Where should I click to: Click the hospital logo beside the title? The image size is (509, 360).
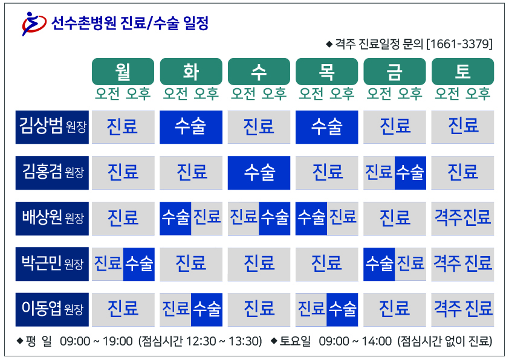[x=34, y=24]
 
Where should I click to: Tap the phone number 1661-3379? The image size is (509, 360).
[x=459, y=43]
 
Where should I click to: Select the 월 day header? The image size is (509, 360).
[x=123, y=71]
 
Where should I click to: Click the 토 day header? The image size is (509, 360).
[x=462, y=71]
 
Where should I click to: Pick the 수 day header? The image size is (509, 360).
[x=259, y=71]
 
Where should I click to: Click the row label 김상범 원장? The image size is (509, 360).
[x=52, y=127]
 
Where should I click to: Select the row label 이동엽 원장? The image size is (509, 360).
[x=52, y=309]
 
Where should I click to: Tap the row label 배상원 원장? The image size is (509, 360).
[x=52, y=218]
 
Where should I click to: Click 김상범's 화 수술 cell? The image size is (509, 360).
[x=191, y=127]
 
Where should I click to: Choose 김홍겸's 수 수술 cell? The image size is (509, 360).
[x=259, y=173]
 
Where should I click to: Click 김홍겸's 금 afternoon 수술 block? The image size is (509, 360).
[x=410, y=173]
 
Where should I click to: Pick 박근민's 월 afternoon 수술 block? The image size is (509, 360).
[x=139, y=264]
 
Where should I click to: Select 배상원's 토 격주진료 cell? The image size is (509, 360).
[x=462, y=218]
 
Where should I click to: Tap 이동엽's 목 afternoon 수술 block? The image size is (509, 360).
[x=343, y=309]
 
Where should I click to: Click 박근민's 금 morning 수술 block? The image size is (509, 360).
[x=379, y=264]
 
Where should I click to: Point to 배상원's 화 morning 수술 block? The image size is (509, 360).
[x=175, y=218]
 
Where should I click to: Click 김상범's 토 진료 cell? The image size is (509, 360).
[x=462, y=127]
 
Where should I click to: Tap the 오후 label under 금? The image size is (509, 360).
[x=410, y=94]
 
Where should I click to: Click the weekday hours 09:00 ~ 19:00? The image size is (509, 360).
[x=96, y=341]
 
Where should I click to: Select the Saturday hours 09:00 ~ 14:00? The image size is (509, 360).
[x=355, y=341]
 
